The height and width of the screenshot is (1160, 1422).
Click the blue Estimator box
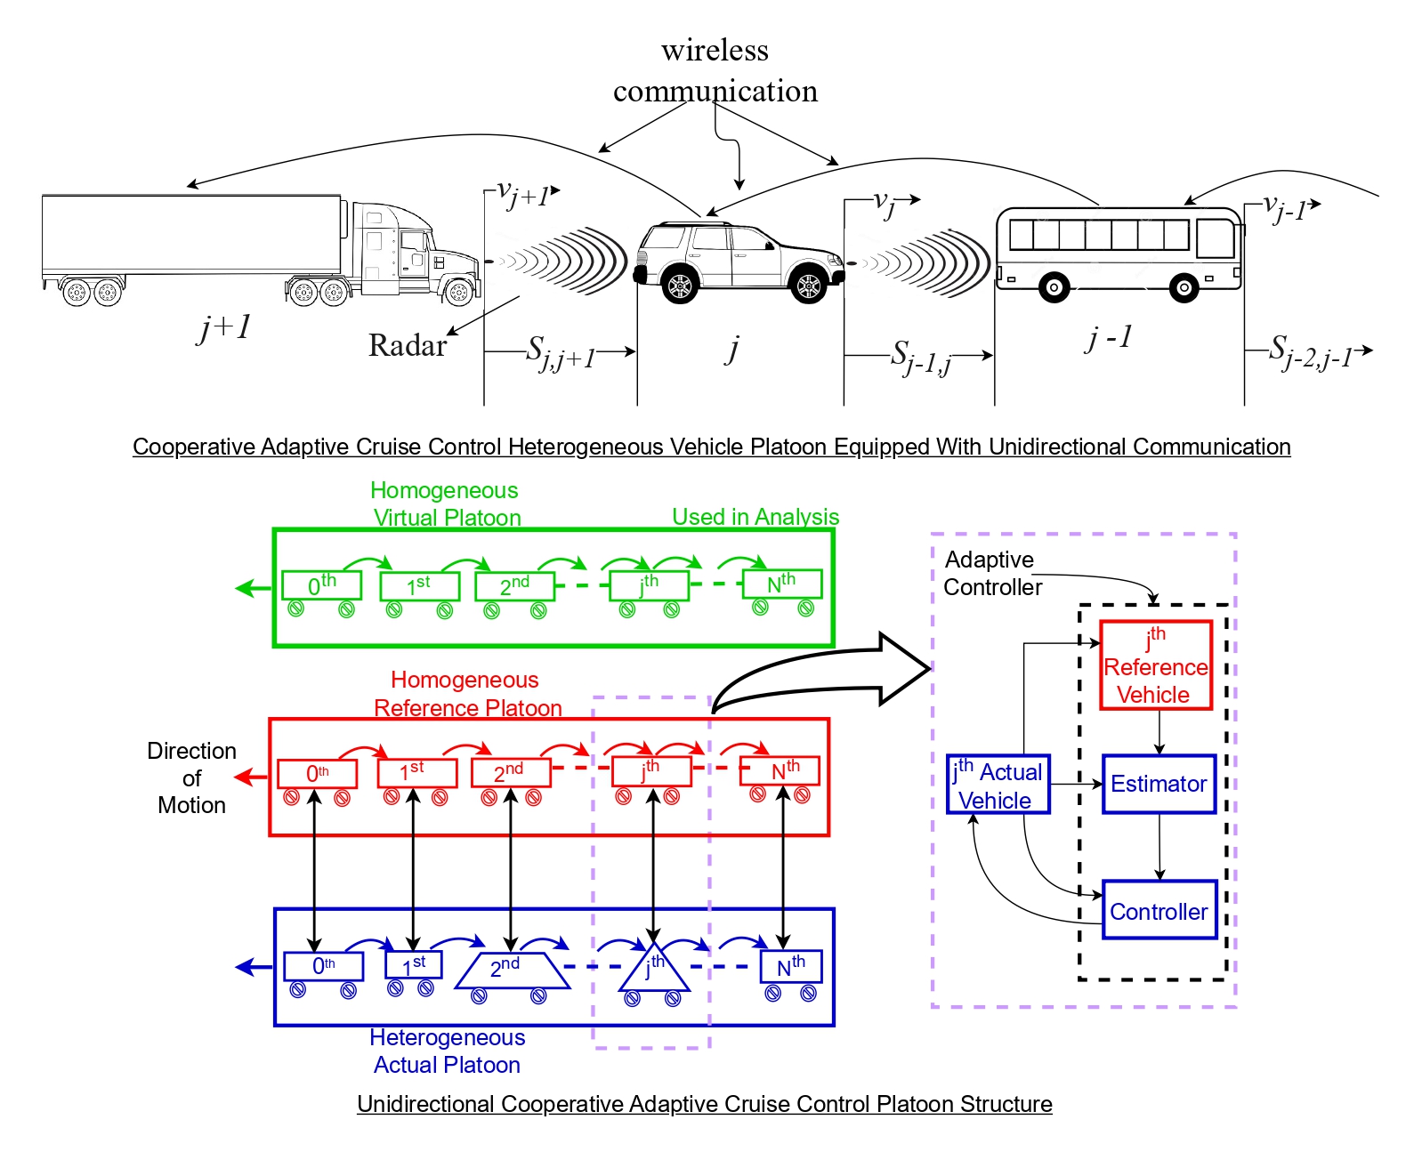pyautogui.click(x=1159, y=784)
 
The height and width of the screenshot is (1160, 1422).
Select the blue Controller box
pyautogui.click(x=1159, y=910)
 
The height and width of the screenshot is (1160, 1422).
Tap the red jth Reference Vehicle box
pyautogui.click(x=1155, y=665)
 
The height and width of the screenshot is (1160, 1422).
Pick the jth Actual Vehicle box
pyautogui.click(x=998, y=784)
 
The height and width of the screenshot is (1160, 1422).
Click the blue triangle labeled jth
pyautogui.click(x=654, y=969)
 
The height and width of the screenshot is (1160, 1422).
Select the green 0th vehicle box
pyautogui.click(x=321, y=585)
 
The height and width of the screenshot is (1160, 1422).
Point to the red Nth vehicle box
pyautogui.click(x=780, y=770)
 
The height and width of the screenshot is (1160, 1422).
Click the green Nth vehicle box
pyautogui.click(x=781, y=584)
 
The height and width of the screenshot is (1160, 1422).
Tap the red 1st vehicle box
pyautogui.click(x=416, y=772)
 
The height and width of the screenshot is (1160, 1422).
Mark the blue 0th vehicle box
pyautogui.click(x=323, y=966)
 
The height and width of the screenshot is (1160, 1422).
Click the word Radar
pyautogui.click(x=408, y=345)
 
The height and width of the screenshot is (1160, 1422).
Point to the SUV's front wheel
pyautogui.click(x=808, y=285)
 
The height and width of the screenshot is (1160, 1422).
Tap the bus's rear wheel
pyautogui.click(x=1054, y=287)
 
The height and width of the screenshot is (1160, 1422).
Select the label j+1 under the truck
pyautogui.click(x=224, y=327)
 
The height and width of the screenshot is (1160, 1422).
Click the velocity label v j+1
pyautogui.click(x=525, y=193)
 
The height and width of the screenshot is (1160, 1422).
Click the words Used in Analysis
pyautogui.click(x=755, y=517)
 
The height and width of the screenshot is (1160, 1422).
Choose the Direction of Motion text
pyautogui.click(x=191, y=777)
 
